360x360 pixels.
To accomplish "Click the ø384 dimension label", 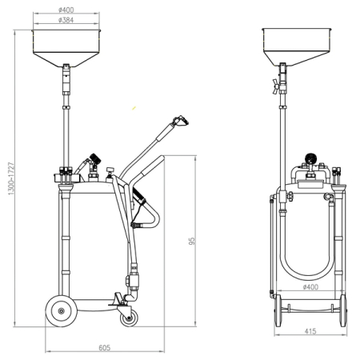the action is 66,20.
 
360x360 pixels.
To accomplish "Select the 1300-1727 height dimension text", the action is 11,178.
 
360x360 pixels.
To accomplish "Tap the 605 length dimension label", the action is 105,348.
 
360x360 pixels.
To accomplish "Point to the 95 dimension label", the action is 192,241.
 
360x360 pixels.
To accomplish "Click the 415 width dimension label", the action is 310,331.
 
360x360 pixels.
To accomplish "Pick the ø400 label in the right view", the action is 311,287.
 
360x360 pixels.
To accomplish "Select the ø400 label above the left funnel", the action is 66,10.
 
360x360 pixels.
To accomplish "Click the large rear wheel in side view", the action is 62,311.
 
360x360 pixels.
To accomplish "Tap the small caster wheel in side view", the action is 129,318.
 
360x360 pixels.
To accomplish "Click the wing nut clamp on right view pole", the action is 275,86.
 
